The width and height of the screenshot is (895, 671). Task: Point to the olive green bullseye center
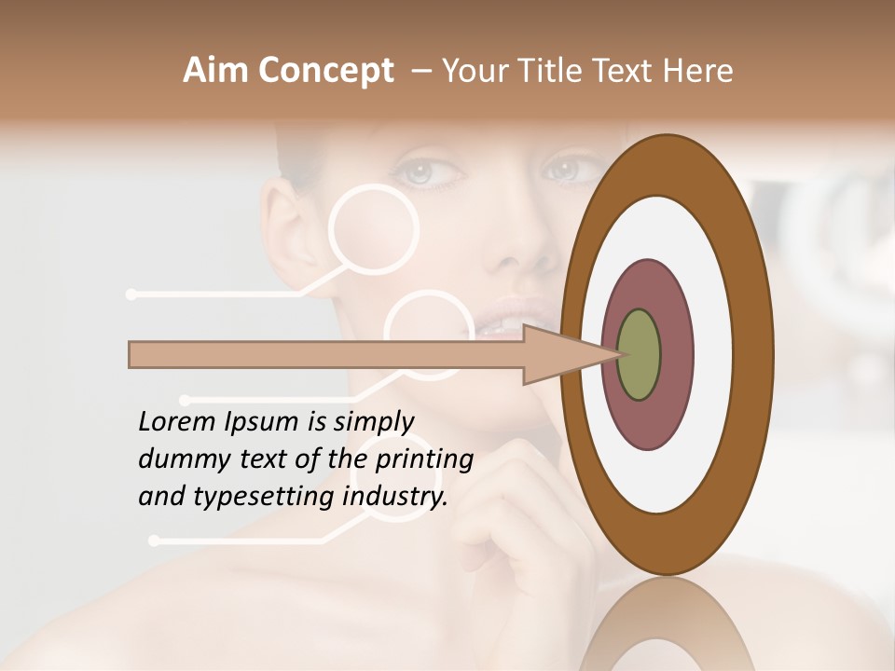coord(639,355)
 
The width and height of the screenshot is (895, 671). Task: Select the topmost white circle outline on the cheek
coord(374,229)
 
